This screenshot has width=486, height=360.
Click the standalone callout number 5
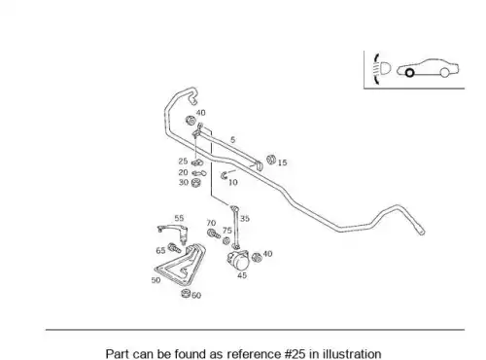(x=232, y=140)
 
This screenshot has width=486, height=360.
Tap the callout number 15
(x=282, y=162)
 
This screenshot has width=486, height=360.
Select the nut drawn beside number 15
(x=271, y=160)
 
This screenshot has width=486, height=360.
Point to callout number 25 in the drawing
(x=183, y=161)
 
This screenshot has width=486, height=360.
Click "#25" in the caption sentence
(x=295, y=354)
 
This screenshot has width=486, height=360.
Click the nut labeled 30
(x=195, y=183)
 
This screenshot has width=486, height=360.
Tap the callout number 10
(x=233, y=182)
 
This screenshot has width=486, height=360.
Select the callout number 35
(x=245, y=219)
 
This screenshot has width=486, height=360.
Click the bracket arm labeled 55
(x=173, y=228)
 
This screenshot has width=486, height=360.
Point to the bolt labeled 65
(x=174, y=249)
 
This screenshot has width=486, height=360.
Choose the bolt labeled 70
(x=214, y=234)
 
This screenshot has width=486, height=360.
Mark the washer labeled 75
(x=226, y=241)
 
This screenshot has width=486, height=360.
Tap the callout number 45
(x=242, y=275)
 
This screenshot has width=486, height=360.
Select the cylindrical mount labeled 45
(x=239, y=260)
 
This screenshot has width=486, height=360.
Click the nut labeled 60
(x=186, y=294)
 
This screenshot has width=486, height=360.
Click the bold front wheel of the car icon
(x=409, y=73)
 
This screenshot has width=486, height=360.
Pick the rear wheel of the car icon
(x=445, y=73)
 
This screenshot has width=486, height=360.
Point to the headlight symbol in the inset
(x=385, y=69)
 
